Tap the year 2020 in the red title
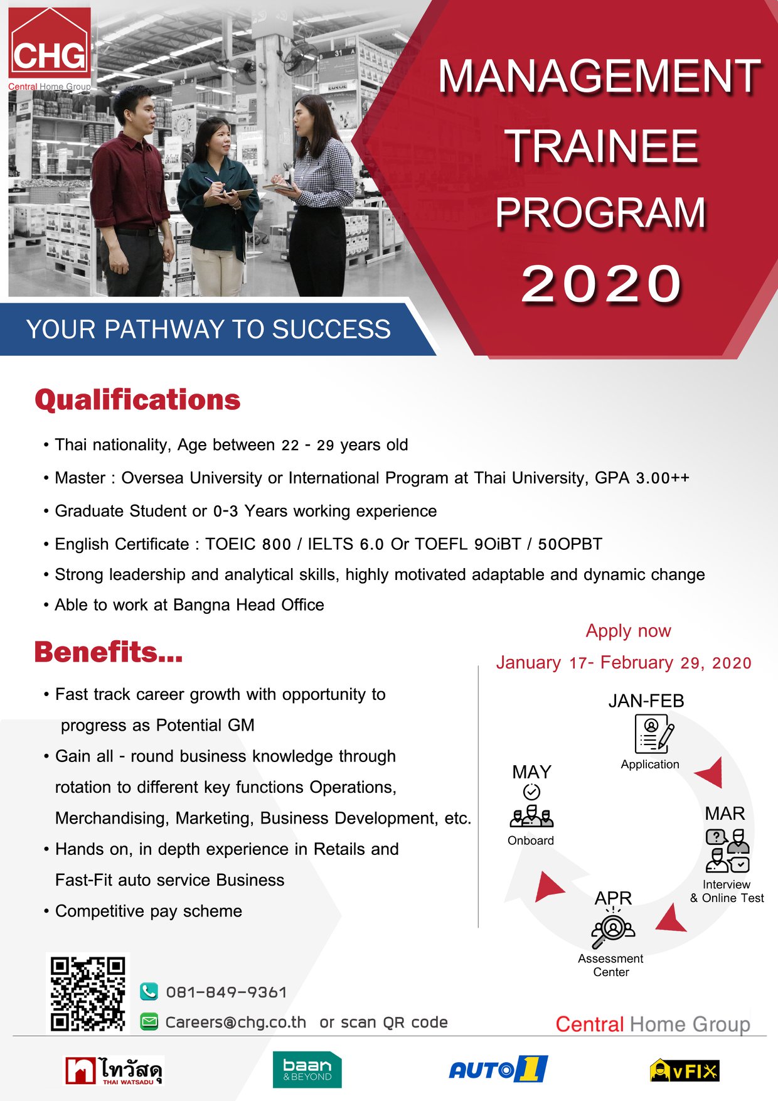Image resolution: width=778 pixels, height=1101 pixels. tap(602, 284)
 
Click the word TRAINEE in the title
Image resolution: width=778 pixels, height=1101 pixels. tap(602, 146)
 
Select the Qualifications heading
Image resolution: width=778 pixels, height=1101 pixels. tap(137, 400)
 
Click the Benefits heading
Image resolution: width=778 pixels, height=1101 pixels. tap(109, 652)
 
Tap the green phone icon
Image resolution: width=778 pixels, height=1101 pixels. tap(149, 991)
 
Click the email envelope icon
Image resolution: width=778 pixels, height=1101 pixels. tap(149, 1022)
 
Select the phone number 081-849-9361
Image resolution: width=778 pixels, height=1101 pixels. tap(226, 992)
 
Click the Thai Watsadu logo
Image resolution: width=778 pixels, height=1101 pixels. tap(114, 1071)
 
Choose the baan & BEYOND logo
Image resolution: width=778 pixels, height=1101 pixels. tap(307, 1070)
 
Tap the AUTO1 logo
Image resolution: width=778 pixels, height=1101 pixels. tap(498, 1069)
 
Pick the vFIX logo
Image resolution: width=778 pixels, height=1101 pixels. tap(685, 1070)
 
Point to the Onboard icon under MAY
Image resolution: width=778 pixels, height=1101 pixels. tap(531, 807)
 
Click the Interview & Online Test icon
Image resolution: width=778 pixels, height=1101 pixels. tap(728, 851)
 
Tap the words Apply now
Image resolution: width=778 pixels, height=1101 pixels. tap(628, 631)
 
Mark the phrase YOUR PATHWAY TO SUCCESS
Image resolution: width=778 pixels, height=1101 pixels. tap(208, 330)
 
